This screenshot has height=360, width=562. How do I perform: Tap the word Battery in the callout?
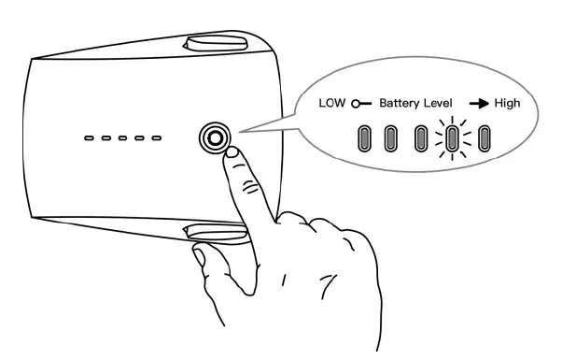click(x=400, y=104)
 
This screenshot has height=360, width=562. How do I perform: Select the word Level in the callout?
click(x=441, y=104)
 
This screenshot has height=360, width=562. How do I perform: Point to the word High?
click(x=508, y=104)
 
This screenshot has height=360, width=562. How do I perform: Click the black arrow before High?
click(x=479, y=104)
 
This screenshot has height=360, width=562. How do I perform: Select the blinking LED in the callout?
click(x=453, y=138)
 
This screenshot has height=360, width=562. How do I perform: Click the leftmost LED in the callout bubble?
click(x=361, y=138)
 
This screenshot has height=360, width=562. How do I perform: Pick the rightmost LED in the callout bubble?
click(x=484, y=138)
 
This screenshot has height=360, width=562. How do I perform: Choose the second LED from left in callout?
click(x=392, y=138)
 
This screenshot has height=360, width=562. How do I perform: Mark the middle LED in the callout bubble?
click(x=422, y=138)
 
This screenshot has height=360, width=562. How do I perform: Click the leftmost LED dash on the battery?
click(x=89, y=138)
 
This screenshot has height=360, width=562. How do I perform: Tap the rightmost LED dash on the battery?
click(x=156, y=138)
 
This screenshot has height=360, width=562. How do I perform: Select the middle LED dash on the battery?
click(x=122, y=138)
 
